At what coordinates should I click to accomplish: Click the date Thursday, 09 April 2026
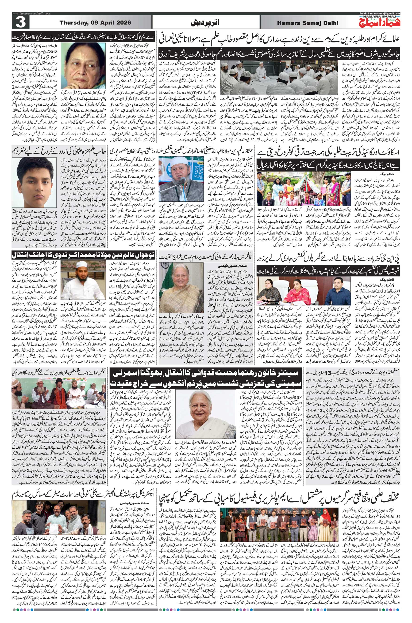95,23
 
